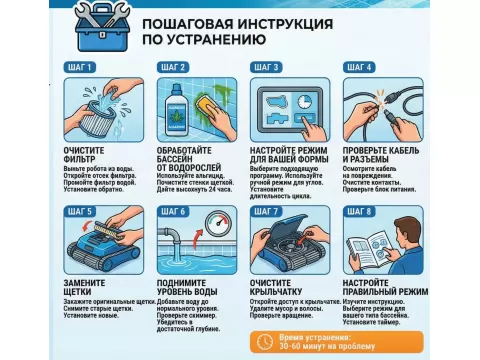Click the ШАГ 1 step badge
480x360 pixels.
click(83, 68)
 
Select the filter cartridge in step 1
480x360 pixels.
click(92, 118)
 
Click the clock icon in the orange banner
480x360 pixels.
click(264, 341)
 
